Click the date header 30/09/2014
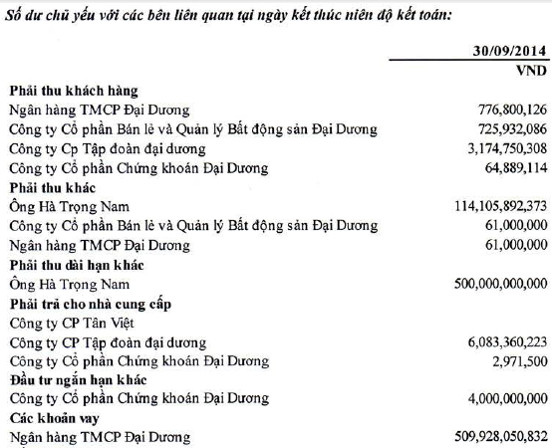(508, 52)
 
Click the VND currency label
(528, 72)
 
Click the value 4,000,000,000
(498, 399)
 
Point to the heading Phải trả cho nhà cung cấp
(89, 303)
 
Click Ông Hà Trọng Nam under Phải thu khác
(64, 206)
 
